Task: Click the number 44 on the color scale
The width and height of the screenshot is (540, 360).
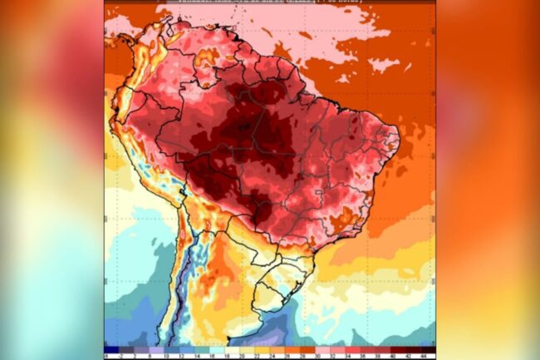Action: [425, 357]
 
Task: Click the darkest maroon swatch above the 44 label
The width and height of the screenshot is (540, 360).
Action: [425, 349]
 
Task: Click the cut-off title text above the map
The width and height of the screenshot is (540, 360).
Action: [266, 4]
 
